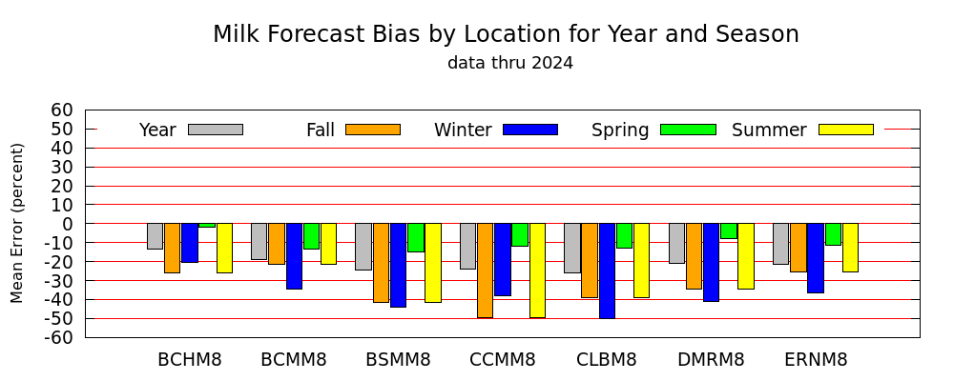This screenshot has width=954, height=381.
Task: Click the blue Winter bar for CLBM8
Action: pos(607,271)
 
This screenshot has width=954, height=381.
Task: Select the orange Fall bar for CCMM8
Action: pos(485,271)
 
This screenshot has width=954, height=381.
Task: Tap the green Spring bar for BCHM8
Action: pos(207,226)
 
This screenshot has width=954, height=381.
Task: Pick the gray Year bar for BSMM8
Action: pos(363,247)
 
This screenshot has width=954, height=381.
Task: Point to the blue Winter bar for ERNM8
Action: pos(816,258)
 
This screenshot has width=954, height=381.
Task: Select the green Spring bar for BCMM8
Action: pos(312,236)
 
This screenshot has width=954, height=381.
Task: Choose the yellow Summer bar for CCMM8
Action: pos(537,271)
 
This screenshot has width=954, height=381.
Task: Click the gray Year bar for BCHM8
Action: pos(155,236)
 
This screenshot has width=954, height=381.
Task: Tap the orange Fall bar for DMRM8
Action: pos(695,256)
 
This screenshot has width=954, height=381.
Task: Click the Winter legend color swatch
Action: pos(530,130)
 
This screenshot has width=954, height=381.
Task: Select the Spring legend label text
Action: pos(620,130)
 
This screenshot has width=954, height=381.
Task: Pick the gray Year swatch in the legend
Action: pos(216,130)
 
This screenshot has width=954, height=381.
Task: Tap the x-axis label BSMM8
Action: pos(398,360)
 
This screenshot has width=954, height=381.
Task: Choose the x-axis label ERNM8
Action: pos(816,360)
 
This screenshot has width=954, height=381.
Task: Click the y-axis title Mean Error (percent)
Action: pos(17,223)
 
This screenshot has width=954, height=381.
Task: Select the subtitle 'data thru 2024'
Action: pos(510,63)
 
